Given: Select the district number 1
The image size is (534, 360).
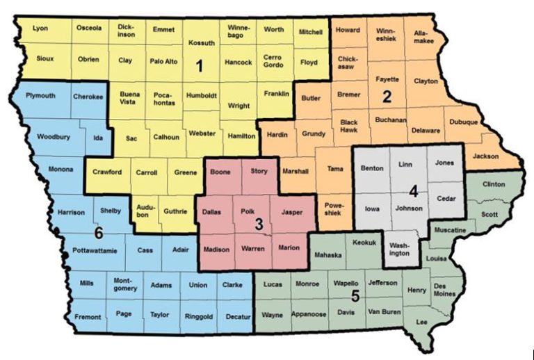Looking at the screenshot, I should (x=199, y=67).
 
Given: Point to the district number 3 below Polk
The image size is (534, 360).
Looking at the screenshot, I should (x=258, y=224).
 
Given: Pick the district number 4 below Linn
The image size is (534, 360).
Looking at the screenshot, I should (x=413, y=190).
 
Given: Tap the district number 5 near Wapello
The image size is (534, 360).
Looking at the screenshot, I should (x=355, y=296).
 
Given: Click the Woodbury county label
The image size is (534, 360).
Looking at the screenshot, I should (x=53, y=137).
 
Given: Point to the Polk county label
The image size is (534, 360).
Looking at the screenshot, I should (x=248, y=209).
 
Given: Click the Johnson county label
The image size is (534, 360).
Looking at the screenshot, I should (x=409, y=208).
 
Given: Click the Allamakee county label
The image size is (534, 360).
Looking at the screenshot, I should (x=425, y=36).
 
